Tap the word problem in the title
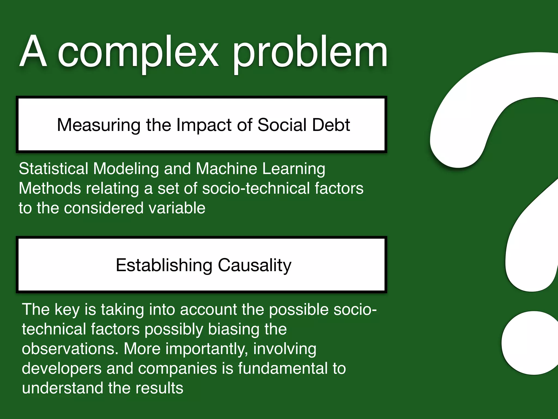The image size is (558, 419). [x=310, y=53]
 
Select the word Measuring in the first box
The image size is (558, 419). [x=99, y=125]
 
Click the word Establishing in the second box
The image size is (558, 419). [x=164, y=265]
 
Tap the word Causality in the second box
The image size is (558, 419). [x=254, y=265]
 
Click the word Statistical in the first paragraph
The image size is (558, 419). [x=53, y=169]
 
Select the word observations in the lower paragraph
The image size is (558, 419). [x=70, y=349]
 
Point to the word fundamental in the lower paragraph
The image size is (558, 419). [x=283, y=369]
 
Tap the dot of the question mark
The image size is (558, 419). [x=531, y=343]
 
